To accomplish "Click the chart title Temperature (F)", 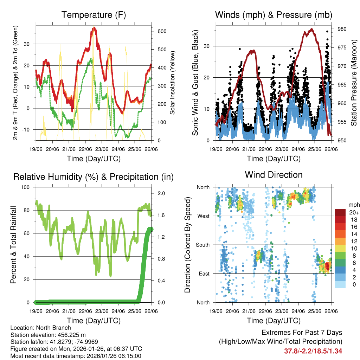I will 94,15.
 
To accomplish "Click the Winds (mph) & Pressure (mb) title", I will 274,15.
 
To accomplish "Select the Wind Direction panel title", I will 274,175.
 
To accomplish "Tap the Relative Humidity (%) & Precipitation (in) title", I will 94,177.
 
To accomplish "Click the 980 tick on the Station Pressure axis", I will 342,29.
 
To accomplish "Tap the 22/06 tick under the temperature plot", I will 85,148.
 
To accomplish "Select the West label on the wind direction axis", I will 203,216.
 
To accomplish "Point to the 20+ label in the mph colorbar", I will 354,212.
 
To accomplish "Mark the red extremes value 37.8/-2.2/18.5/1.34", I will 313,351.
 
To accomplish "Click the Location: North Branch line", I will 41,328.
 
